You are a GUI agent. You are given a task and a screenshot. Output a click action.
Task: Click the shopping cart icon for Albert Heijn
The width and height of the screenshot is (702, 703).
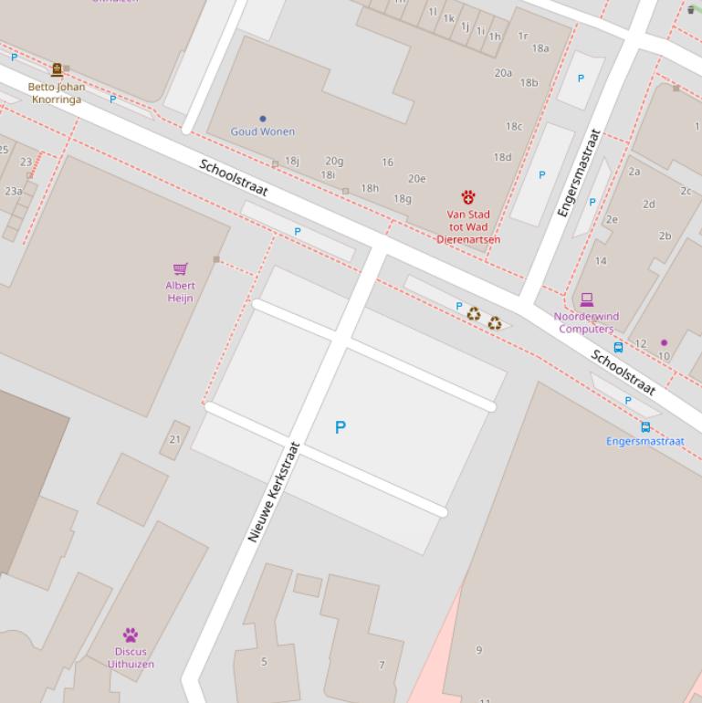[180, 268]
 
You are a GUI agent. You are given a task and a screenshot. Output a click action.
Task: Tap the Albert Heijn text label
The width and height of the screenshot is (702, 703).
[180, 291]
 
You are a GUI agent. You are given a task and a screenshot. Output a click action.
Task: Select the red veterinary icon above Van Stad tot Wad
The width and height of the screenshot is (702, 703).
[468, 197]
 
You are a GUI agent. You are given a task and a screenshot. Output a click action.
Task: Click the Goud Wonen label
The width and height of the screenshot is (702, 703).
[262, 131]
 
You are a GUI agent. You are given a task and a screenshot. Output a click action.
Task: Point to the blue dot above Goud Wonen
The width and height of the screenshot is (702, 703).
[263, 119]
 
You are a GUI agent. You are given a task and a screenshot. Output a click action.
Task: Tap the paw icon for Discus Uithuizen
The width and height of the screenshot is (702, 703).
[131, 635]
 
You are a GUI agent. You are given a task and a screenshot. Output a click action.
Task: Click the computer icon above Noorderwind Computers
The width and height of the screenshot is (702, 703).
[586, 299]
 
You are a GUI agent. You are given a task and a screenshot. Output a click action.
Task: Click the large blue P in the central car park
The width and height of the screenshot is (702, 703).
[341, 427]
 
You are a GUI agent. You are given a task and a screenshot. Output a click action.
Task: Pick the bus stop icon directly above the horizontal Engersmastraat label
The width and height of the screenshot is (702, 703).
[645, 426]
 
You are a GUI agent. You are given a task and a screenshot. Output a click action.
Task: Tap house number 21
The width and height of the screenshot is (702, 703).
[174, 439]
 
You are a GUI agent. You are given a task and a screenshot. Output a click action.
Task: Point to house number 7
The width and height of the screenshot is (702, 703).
[382, 665]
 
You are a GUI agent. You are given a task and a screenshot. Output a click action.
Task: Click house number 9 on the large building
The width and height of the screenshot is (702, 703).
[478, 650]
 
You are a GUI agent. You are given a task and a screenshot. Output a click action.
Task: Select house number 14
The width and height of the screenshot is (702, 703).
[601, 261]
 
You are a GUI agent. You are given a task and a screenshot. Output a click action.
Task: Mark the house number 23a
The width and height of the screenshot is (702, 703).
[14, 192]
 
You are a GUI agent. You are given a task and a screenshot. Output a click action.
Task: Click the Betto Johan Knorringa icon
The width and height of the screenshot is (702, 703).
[57, 69]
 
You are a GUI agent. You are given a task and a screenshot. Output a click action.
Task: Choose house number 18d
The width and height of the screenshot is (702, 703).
[502, 157]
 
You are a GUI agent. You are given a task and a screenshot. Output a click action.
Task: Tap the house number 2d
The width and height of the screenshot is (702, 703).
[648, 205]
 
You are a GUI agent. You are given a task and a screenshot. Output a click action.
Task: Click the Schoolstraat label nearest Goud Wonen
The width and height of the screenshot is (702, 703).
[234, 177]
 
